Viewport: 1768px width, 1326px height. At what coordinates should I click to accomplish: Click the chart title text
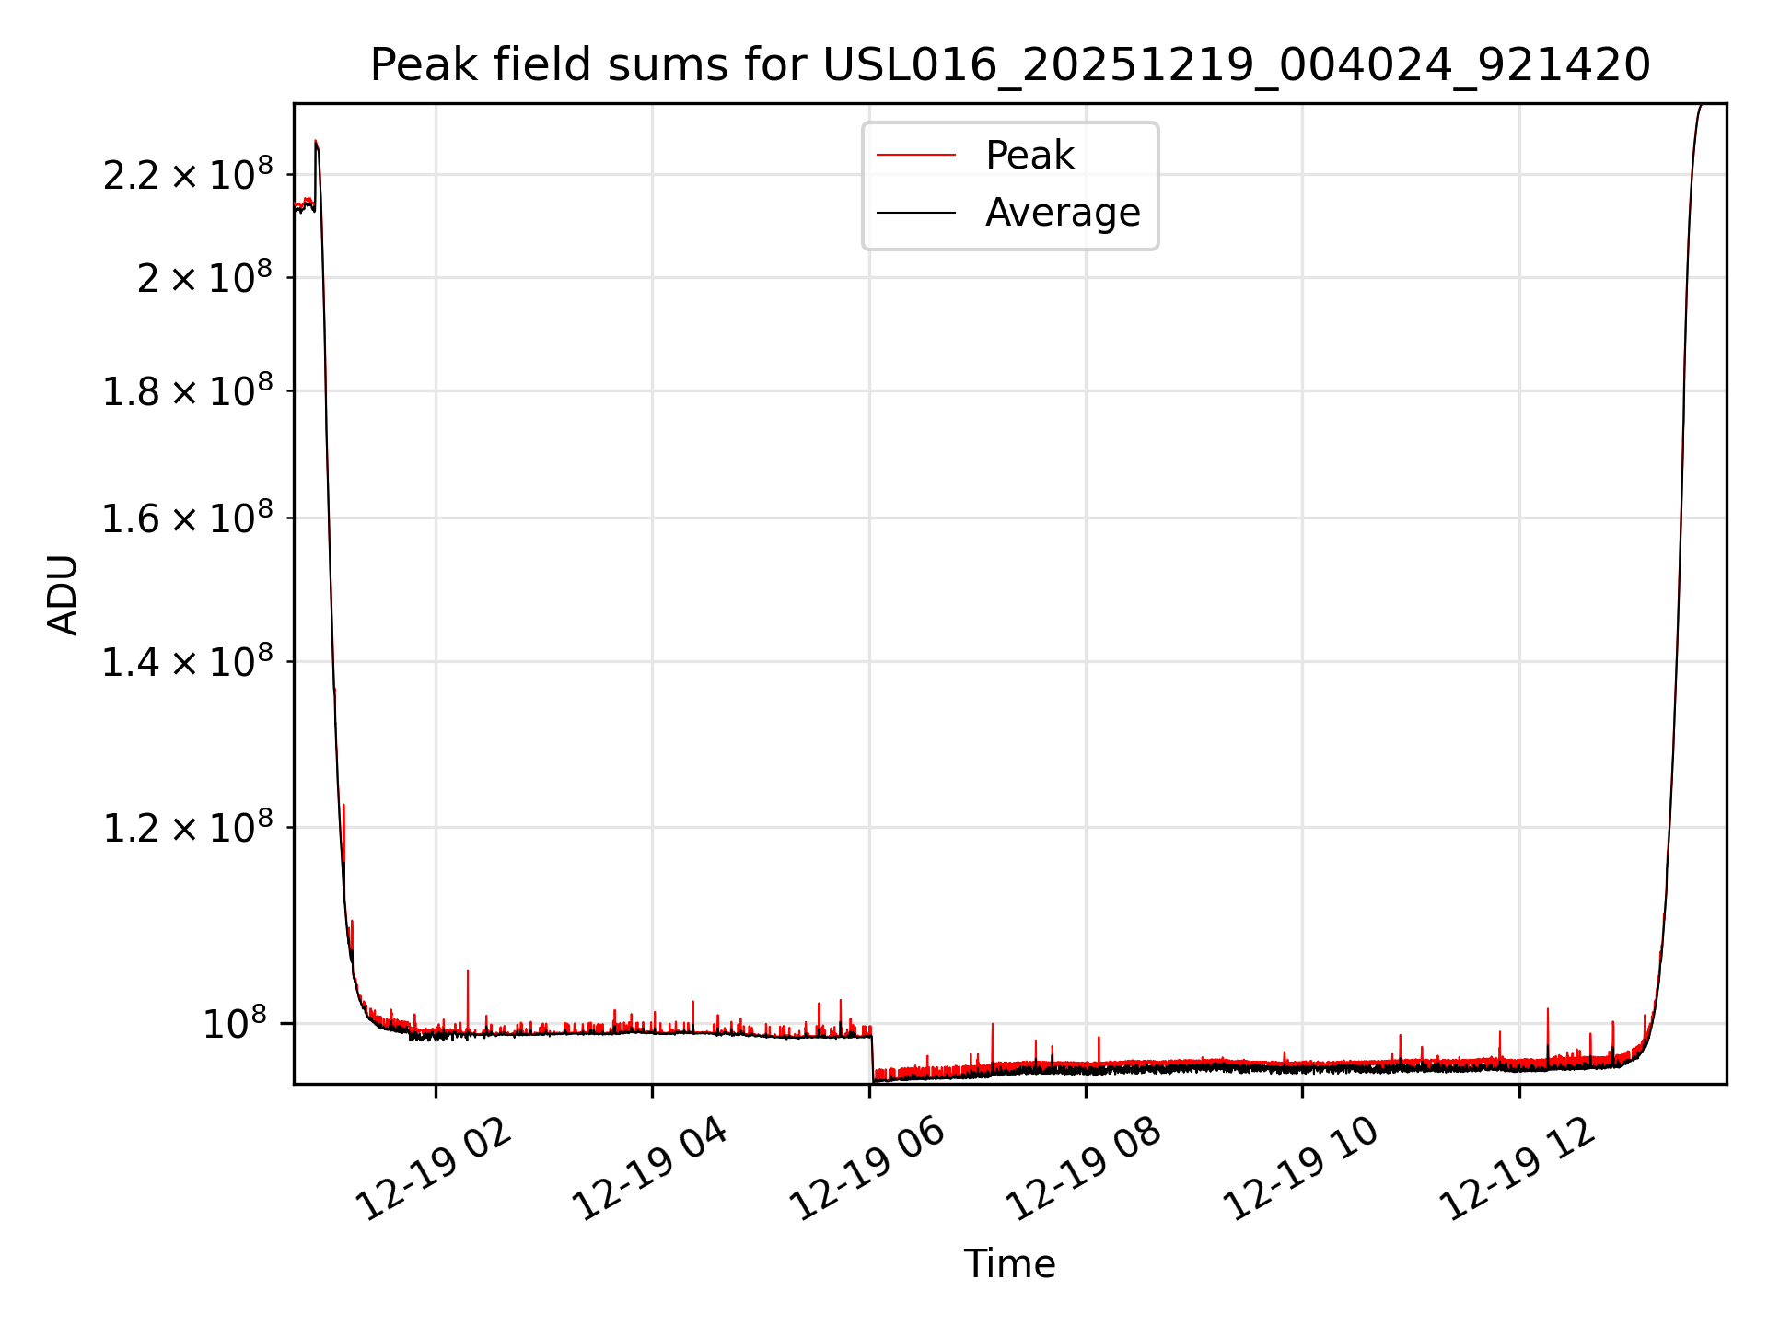click(1009, 65)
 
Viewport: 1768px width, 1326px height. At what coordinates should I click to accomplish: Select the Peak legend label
click(1029, 155)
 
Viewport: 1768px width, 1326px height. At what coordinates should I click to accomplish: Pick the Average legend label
click(1063, 213)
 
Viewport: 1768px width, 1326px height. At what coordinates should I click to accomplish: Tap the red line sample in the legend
click(916, 155)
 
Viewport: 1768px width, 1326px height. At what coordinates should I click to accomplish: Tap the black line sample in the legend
click(916, 213)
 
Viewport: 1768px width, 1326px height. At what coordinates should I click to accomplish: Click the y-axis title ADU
click(63, 594)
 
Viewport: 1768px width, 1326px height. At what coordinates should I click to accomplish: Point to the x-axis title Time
click(1009, 1264)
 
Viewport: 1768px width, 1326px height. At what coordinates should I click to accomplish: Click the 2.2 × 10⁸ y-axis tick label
click(188, 175)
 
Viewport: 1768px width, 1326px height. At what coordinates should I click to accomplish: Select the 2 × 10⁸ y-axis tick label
click(204, 278)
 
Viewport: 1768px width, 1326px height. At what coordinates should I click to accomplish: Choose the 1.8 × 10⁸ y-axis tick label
click(188, 391)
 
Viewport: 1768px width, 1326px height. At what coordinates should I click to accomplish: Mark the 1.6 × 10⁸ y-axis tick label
click(188, 518)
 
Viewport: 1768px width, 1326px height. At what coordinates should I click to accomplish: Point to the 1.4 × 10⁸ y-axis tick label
click(188, 662)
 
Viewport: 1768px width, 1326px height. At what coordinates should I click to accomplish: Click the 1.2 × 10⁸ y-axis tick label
click(188, 828)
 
